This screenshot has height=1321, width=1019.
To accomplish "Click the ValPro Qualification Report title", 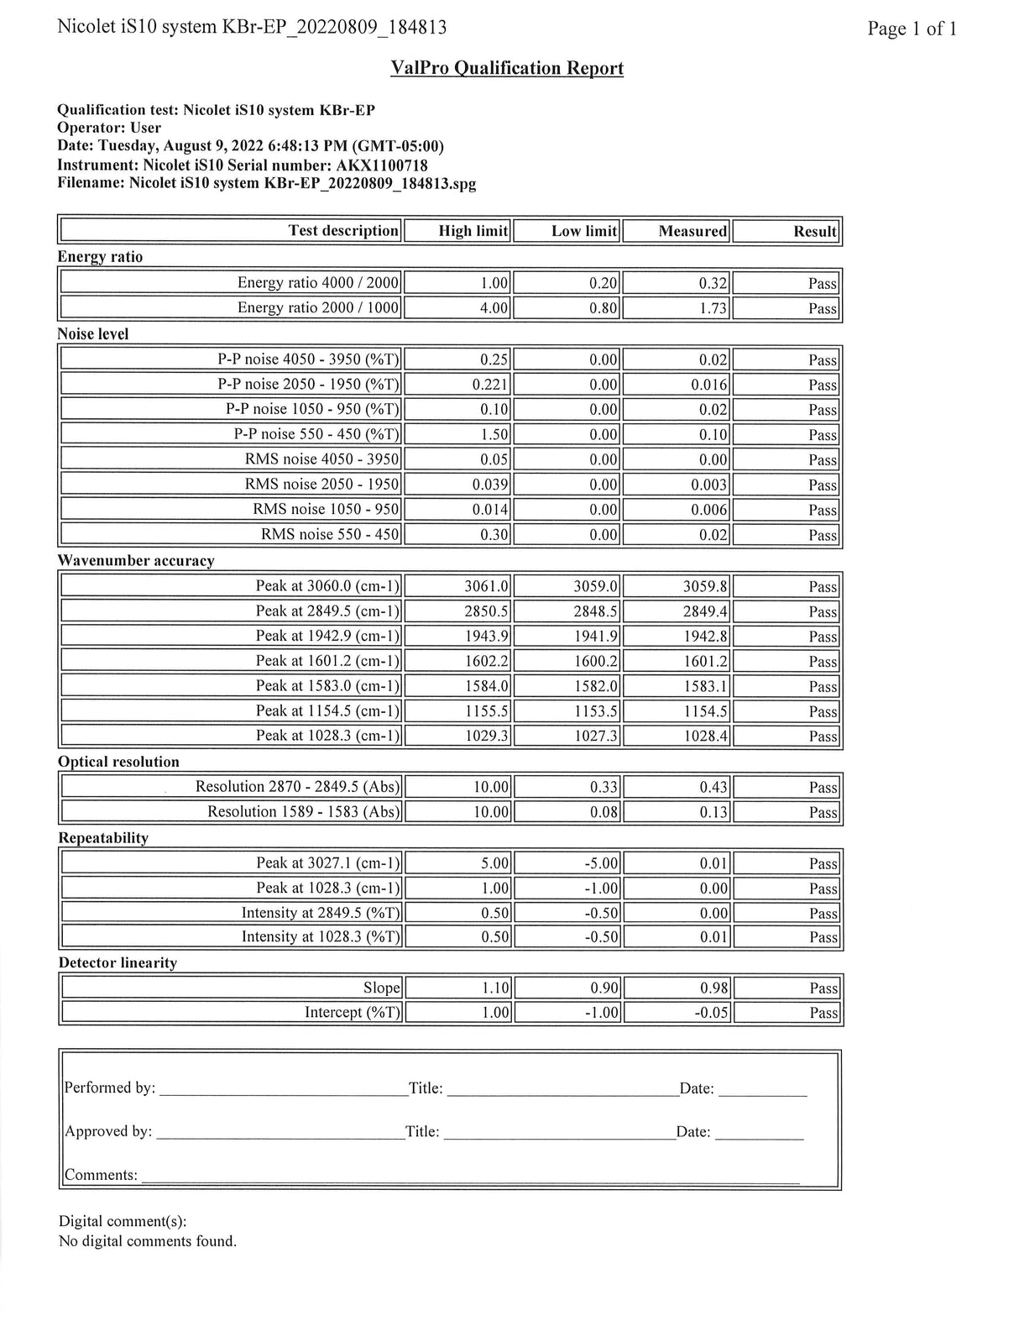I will point(507,68).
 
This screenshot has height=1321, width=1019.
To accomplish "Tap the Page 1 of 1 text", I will point(912,29).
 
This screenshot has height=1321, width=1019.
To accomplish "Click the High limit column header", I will point(473,231).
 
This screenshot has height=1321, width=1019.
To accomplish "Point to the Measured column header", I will point(692,231).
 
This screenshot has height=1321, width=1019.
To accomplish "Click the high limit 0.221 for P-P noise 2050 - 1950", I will point(491,385).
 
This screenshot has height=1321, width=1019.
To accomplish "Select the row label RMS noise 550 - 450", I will point(330,534).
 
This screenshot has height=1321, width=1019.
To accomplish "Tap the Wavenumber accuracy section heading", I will point(136,560).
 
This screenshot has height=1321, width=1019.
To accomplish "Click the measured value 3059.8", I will point(704,586).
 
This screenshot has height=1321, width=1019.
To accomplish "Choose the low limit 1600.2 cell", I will point(595,661).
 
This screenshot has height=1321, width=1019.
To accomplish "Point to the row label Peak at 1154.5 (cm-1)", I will point(327,711).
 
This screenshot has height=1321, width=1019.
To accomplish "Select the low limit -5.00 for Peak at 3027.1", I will point(600,863).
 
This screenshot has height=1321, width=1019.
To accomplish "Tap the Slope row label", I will point(381,988).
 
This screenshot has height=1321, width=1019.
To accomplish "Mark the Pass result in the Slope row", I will point(823,988).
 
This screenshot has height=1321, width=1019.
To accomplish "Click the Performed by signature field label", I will point(110,1088).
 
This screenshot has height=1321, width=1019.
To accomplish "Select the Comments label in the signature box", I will point(102,1175).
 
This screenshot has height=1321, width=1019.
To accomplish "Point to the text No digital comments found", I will point(148,1241).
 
